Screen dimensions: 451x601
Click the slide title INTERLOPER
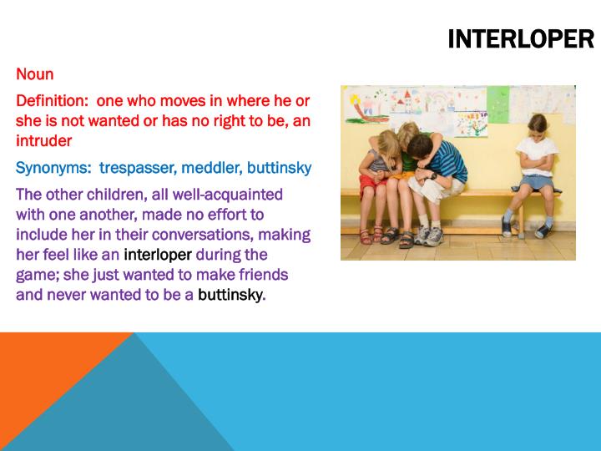(x=520, y=39)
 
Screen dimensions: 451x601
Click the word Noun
(x=34, y=74)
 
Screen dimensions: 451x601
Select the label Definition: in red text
(x=53, y=101)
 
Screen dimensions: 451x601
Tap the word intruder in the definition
(x=43, y=141)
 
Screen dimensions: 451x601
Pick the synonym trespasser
(x=137, y=168)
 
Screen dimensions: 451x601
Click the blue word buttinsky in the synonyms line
(x=279, y=168)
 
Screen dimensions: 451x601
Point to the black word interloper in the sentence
(x=158, y=255)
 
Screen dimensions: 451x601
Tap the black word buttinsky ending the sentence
(x=230, y=295)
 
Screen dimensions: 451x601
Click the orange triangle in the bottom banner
(x=50, y=376)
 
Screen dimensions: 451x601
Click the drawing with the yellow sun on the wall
(x=367, y=104)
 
